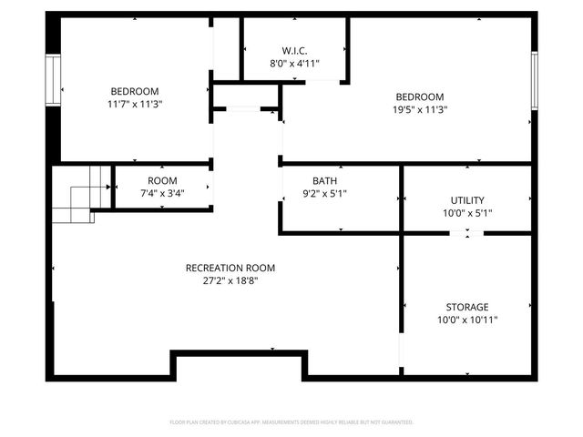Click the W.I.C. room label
[293, 51]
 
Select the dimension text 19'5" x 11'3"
[419, 110]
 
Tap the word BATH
[323, 180]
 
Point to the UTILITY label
[467, 200]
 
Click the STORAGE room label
[467, 307]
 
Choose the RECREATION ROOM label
[230, 268]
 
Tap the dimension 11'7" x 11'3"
[135, 104]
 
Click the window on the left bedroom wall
[53, 80]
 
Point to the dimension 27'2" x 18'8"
[230, 280]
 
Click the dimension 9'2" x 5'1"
[323, 193]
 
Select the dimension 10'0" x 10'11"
[467, 320]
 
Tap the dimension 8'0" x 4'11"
[293, 64]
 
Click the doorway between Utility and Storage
[467, 234]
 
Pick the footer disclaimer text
[291, 422]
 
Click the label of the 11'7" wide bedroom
[135, 91]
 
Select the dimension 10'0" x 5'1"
[467, 213]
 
